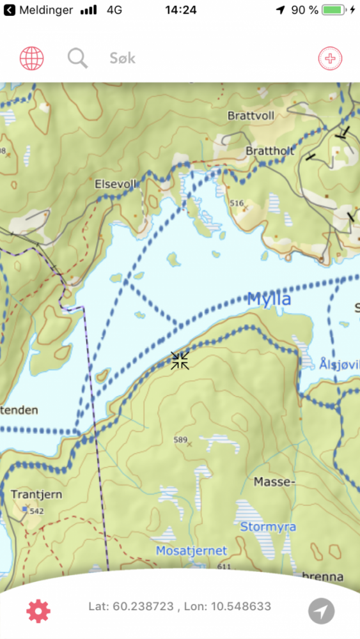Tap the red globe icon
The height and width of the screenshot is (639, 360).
pos(31,59)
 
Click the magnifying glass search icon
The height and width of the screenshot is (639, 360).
pos(77,59)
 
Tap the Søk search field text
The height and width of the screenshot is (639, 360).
pos(122,59)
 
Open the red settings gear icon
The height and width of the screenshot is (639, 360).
pos(38,612)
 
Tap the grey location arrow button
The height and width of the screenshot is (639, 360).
pos(321,611)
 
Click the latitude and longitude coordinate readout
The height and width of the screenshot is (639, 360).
pos(180,606)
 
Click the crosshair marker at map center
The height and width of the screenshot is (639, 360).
pos(180,360)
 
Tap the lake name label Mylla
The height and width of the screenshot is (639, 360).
pos(269,299)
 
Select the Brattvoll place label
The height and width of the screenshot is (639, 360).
pos(251,116)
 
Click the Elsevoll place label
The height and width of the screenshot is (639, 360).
pos(116,183)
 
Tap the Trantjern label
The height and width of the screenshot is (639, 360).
pos(33,495)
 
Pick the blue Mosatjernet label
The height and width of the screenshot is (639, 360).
pos(192,550)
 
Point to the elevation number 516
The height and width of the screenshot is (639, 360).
pos(237,203)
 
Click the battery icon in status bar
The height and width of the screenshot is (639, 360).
pos(333,10)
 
